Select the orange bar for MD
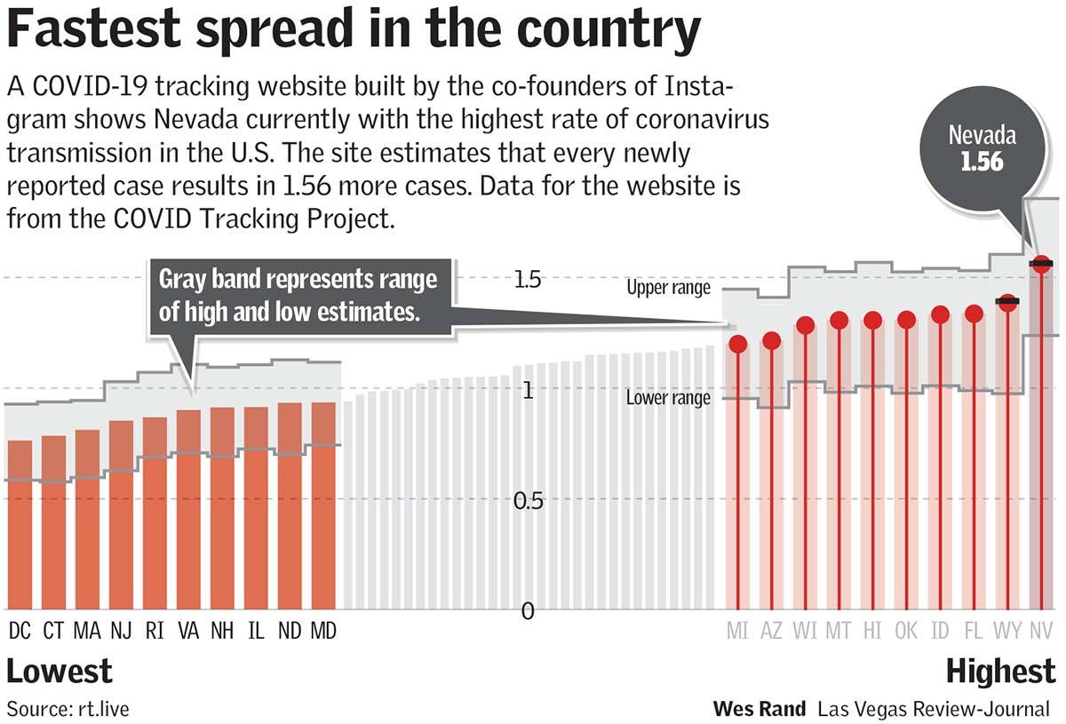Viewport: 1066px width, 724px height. tap(323, 506)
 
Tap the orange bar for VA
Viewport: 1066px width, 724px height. tap(188, 510)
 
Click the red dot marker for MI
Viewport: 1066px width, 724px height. tap(737, 344)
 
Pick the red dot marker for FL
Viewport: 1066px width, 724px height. tap(974, 314)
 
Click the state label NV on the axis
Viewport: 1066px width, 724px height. tap(1040, 631)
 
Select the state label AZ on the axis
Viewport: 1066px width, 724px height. tap(770, 631)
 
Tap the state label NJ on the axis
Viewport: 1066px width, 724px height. tap(122, 631)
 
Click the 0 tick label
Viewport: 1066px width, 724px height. tap(528, 611)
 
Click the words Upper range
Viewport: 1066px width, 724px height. tap(668, 288)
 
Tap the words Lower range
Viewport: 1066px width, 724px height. tap(668, 398)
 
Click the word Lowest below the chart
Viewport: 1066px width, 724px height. tap(60, 672)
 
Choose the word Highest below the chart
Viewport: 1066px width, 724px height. tap(1000, 672)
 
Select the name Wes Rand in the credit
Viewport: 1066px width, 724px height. tap(760, 709)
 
